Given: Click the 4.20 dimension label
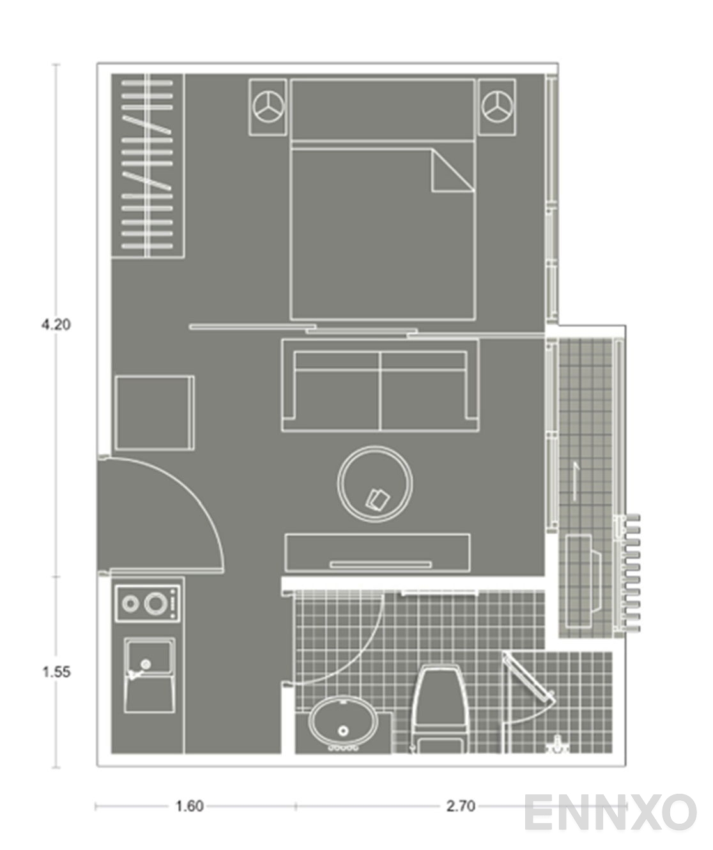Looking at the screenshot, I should click(56, 324).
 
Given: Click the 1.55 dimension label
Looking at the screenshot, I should click(56, 672).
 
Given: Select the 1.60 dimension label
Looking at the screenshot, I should click(189, 806).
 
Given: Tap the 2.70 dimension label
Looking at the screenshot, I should click(460, 806).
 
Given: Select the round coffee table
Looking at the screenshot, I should click(374, 483).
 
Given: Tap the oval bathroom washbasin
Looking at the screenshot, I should click(343, 722).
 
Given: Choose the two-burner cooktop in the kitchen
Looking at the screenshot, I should click(147, 603).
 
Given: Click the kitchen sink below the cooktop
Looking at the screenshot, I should click(149, 674).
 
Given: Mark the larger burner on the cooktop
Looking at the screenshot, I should click(155, 603).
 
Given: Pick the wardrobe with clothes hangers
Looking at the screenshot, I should click(148, 166).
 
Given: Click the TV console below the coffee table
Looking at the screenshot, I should click(378, 552).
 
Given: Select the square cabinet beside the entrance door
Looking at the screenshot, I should click(154, 413).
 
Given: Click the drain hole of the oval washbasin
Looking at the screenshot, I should click(344, 730).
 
